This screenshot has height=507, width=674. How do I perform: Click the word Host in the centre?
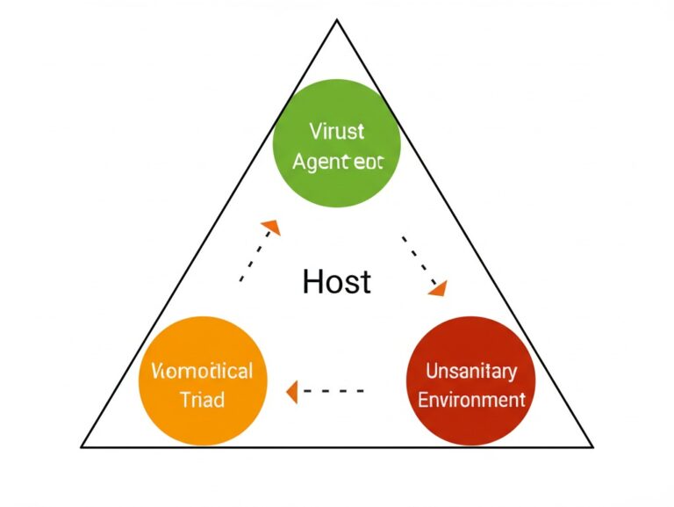[336, 281]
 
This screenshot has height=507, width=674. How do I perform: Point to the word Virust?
[337, 132]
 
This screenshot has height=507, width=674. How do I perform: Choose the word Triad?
[202, 399]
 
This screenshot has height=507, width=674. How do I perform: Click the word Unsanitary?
[471, 371]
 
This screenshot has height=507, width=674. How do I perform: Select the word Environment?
[471, 400]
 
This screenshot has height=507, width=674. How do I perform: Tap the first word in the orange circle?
[202, 370]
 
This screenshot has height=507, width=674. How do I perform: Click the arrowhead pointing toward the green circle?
[272, 227]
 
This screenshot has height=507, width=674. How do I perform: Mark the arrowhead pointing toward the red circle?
[437, 287]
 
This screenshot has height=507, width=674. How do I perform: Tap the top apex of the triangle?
[337, 20]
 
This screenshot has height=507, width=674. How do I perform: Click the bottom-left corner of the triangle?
[82, 446]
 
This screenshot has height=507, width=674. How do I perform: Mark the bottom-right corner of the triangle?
[592, 446]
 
